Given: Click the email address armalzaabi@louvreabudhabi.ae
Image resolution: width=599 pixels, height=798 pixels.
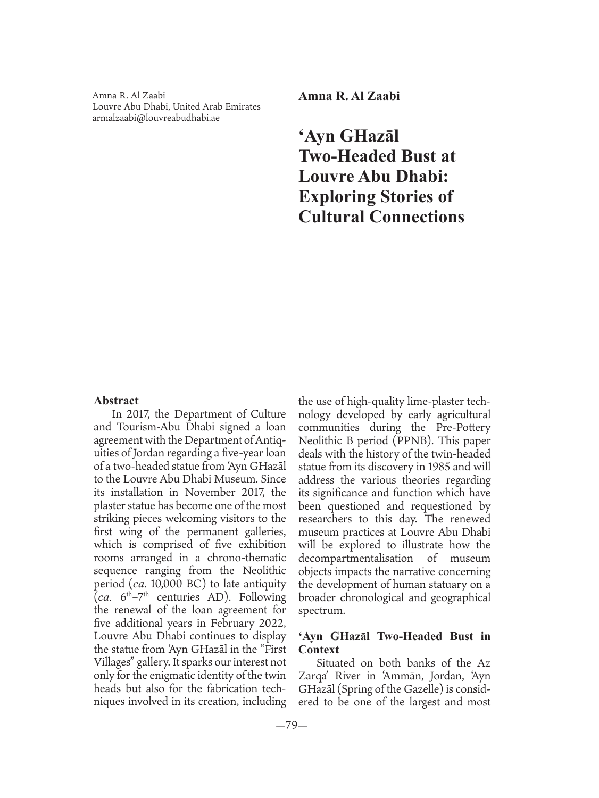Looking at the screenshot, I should [x=156, y=118].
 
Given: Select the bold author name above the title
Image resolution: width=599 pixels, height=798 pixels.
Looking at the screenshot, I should [x=348, y=96].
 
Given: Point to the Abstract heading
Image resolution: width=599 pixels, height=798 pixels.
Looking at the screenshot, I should [x=116, y=401].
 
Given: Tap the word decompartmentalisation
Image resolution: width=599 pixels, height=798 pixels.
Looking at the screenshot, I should [x=355, y=558].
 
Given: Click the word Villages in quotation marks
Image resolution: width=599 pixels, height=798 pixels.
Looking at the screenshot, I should [x=115, y=662].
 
